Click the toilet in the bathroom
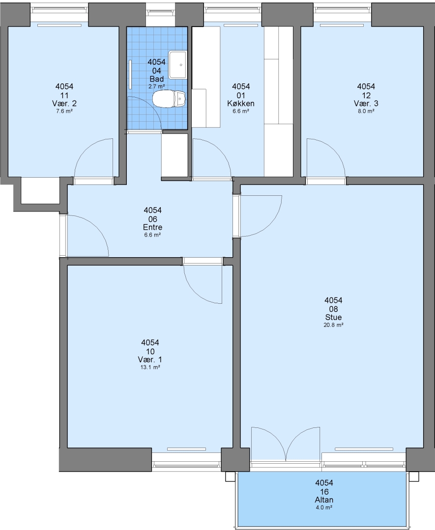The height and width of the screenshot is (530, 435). [x=169, y=98]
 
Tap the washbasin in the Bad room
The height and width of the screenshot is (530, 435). [x=178, y=64]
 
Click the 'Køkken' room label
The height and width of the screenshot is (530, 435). [x=241, y=104]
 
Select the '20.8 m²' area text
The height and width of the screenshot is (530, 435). [x=333, y=325]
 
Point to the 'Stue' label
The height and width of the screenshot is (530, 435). [x=333, y=317]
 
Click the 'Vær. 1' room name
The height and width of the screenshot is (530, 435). [x=150, y=359]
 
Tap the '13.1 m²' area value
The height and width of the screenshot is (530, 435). [x=150, y=368]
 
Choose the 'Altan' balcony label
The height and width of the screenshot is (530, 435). [x=324, y=500]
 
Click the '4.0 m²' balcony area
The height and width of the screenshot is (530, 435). [x=324, y=508]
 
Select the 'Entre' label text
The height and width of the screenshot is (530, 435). [x=153, y=227]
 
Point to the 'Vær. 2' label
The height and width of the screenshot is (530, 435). [x=64, y=104]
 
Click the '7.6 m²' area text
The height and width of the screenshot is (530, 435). [x=64, y=111]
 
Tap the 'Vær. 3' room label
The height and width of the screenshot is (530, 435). [x=366, y=104]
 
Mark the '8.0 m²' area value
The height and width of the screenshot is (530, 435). [x=366, y=111]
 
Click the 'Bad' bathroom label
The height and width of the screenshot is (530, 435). [x=157, y=79]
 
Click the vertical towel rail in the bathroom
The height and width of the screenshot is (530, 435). [x=130, y=75]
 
